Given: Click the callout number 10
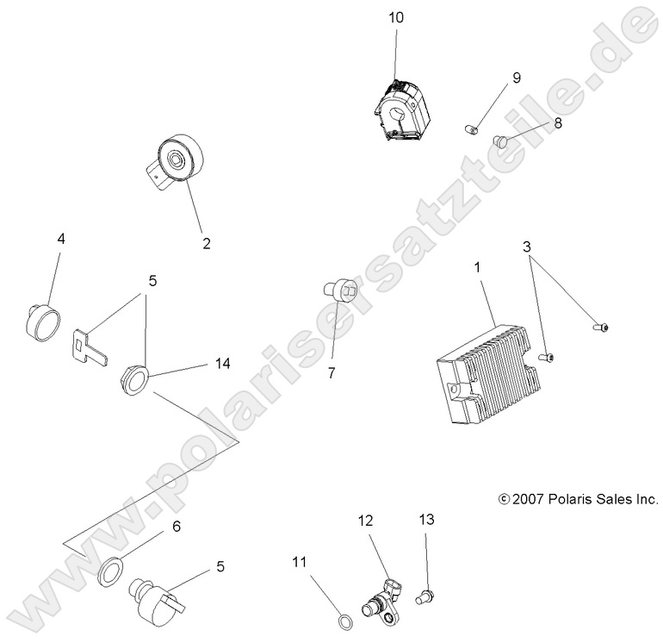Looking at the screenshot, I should (x=395, y=17).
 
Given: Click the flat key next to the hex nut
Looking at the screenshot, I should (x=90, y=345).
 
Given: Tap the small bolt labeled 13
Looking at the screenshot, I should (x=424, y=594).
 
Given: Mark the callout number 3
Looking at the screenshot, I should (x=526, y=247).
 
